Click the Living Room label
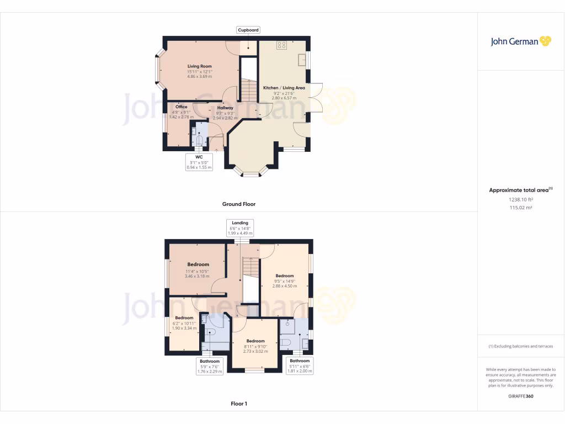199,66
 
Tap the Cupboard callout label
248,30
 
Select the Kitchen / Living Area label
284,88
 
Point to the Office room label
182,107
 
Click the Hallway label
225,108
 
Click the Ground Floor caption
238,204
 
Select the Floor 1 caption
238,404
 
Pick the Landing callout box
240,228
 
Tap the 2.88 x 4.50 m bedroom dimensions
285,286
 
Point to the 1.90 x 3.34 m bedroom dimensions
184,328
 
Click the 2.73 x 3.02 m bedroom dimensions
255,351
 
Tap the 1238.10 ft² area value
521,200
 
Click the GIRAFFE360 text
521,396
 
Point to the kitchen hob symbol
281,45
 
